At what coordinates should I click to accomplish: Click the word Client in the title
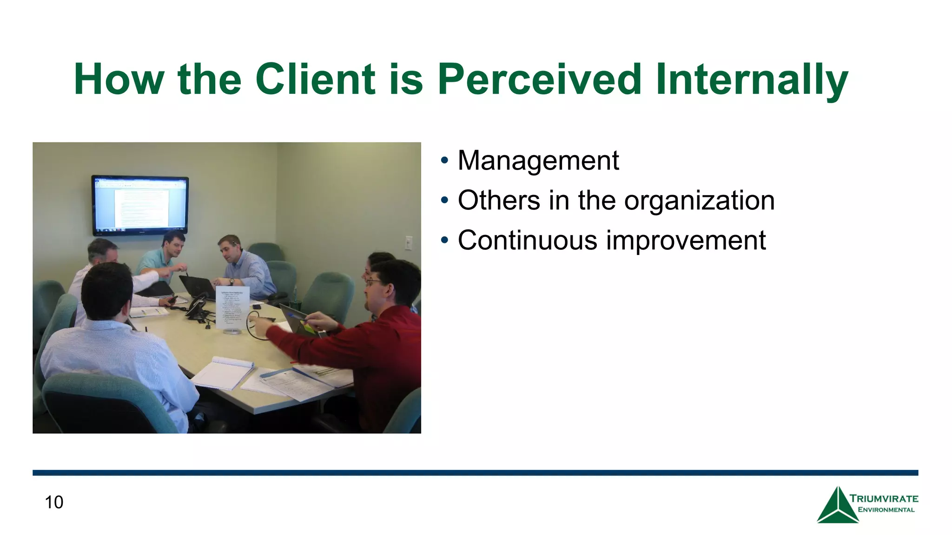315,79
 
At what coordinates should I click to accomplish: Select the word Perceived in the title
540,79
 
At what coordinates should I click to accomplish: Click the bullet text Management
538,161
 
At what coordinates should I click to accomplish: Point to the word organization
699,201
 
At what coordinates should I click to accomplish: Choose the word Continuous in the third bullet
527,241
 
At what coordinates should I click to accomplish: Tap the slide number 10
54,502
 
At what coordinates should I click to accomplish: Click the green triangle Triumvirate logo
837,506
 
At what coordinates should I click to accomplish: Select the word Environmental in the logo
886,510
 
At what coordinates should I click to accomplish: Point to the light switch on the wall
409,243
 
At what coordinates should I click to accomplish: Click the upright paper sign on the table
232,307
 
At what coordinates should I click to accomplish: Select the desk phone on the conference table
197,307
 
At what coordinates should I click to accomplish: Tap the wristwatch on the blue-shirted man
231,282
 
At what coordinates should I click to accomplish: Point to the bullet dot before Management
444,161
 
